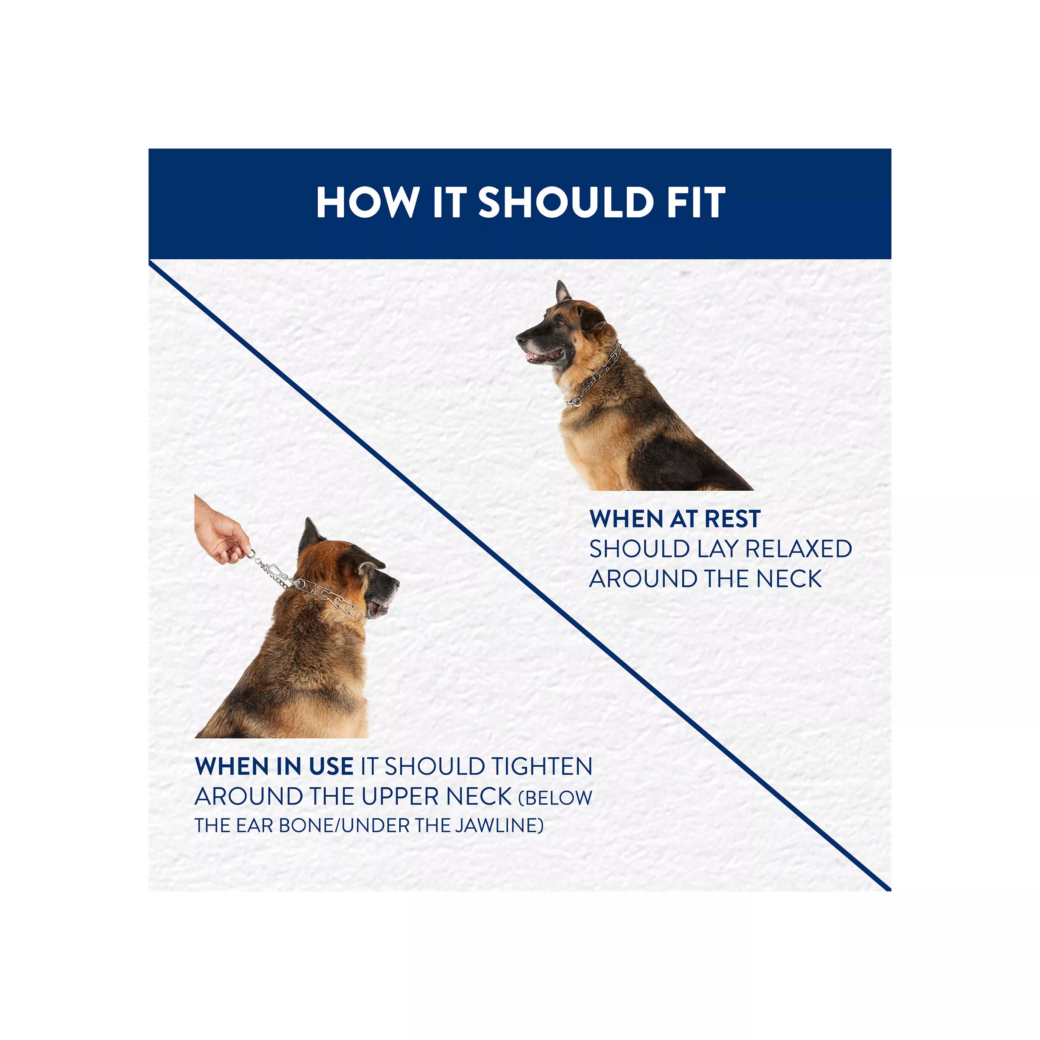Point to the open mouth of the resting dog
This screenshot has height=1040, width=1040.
pyautogui.click(x=544, y=356)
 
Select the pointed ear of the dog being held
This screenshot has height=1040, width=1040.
pyautogui.click(x=310, y=536)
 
